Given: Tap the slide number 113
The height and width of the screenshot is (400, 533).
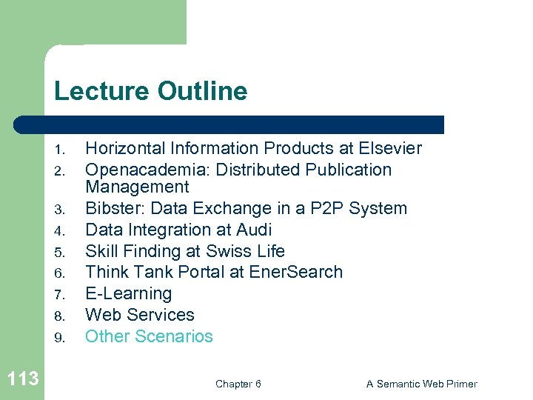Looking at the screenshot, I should (x=22, y=379).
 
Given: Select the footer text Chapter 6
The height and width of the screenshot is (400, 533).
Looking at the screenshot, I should (x=238, y=384).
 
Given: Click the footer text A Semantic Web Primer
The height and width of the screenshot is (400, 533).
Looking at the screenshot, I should (x=421, y=384).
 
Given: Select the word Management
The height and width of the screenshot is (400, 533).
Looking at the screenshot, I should (x=137, y=187).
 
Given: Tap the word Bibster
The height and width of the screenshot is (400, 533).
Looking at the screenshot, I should (x=112, y=209).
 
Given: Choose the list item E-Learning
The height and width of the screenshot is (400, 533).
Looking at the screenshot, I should (x=129, y=294).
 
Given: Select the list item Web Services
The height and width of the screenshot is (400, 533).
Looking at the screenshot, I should (x=140, y=315).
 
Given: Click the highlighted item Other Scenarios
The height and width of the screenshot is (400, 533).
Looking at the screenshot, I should (x=149, y=336).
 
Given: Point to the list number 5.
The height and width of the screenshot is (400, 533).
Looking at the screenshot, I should (x=61, y=253).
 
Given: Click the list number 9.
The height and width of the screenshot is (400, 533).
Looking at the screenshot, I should (x=61, y=338).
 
